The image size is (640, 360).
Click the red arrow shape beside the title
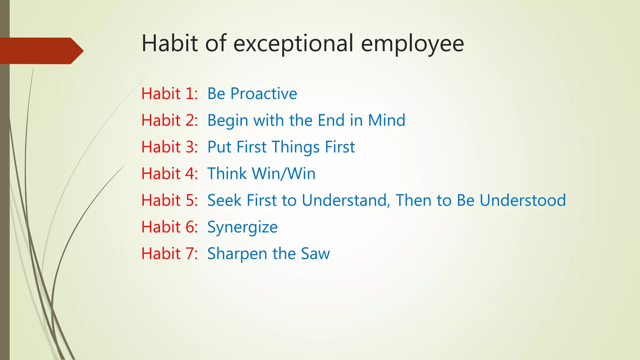point(41,51)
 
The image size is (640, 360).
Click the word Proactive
point(264,94)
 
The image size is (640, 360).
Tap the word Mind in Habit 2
point(387,120)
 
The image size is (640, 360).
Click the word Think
point(227,174)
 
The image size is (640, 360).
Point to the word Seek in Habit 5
point(224,200)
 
